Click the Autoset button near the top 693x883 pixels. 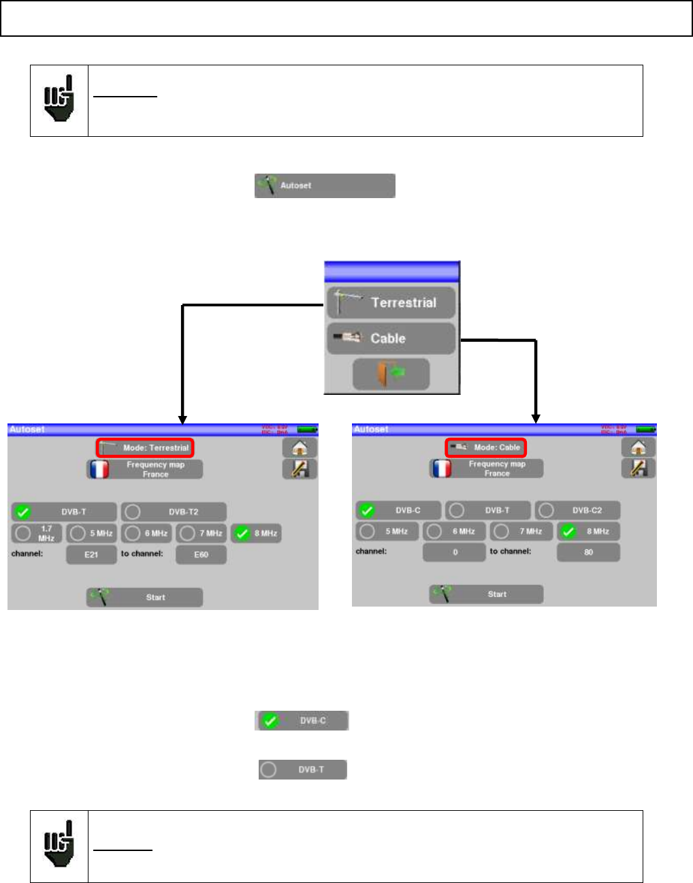tap(325, 185)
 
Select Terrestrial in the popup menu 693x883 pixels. tap(391, 303)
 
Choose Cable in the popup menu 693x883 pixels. tap(391, 338)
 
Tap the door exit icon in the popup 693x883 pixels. tap(391, 374)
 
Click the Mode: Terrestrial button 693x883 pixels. tap(145, 447)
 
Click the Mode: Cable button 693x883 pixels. tap(485, 447)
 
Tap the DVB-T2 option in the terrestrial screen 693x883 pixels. tap(174, 512)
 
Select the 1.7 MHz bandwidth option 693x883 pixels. tap(37, 533)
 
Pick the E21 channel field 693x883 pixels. tap(91, 554)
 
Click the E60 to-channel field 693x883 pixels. tap(201, 554)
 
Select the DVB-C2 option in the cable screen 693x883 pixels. tap(577, 510)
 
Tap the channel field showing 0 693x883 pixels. tap(454, 552)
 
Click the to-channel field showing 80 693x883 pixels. tap(588, 552)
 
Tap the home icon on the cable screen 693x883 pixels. tap(638, 447)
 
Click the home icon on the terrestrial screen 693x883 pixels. tap(300, 447)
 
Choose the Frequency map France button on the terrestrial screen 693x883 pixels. tap(145, 469)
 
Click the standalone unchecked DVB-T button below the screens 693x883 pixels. tap(302, 769)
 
